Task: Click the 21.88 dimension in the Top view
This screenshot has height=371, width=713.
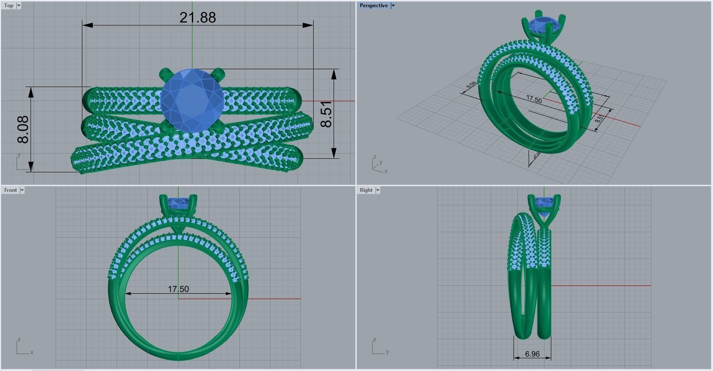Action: click(198, 17)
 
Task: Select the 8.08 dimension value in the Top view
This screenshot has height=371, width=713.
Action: click(23, 129)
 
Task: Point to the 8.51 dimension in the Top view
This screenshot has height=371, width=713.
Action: click(326, 114)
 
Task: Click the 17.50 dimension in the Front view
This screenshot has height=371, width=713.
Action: click(178, 289)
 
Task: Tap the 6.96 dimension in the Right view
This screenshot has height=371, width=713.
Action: click(532, 354)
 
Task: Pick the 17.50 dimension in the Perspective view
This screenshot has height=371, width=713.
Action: click(534, 99)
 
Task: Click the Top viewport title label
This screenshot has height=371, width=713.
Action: click(8, 6)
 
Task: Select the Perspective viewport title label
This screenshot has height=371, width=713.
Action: click(373, 6)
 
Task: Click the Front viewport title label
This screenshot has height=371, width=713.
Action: click(11, 190)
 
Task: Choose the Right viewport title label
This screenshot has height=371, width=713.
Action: click(366, 190)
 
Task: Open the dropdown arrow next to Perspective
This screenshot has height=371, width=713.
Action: click(393, 6)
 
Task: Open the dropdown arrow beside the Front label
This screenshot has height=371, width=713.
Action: click(22, 190)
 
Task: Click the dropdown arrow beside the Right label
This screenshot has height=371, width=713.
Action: click(378, 190)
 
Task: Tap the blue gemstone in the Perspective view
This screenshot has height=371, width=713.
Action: click(543, 25)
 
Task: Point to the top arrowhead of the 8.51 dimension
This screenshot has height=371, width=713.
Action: click(334, 74)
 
